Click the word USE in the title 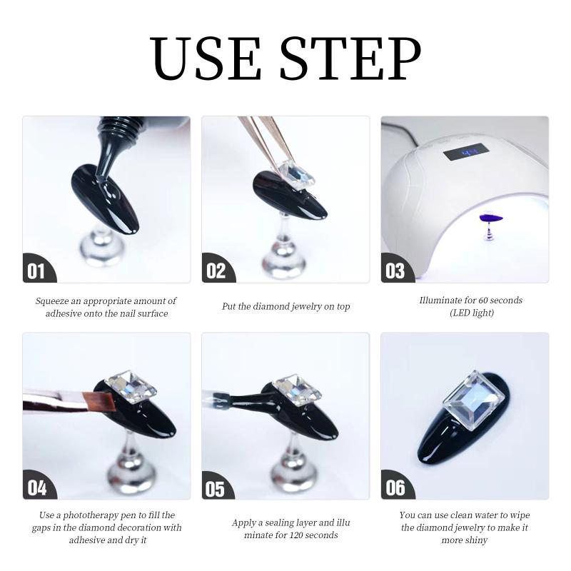pos(206,59)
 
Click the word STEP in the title pos(350,59)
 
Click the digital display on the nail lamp pos(466,151)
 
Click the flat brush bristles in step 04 pos(99,402)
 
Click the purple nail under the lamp pos(491,218)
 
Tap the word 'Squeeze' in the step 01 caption pos(51,301)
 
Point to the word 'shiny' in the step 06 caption pos(476,540)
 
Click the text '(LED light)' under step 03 pos(472,313)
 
